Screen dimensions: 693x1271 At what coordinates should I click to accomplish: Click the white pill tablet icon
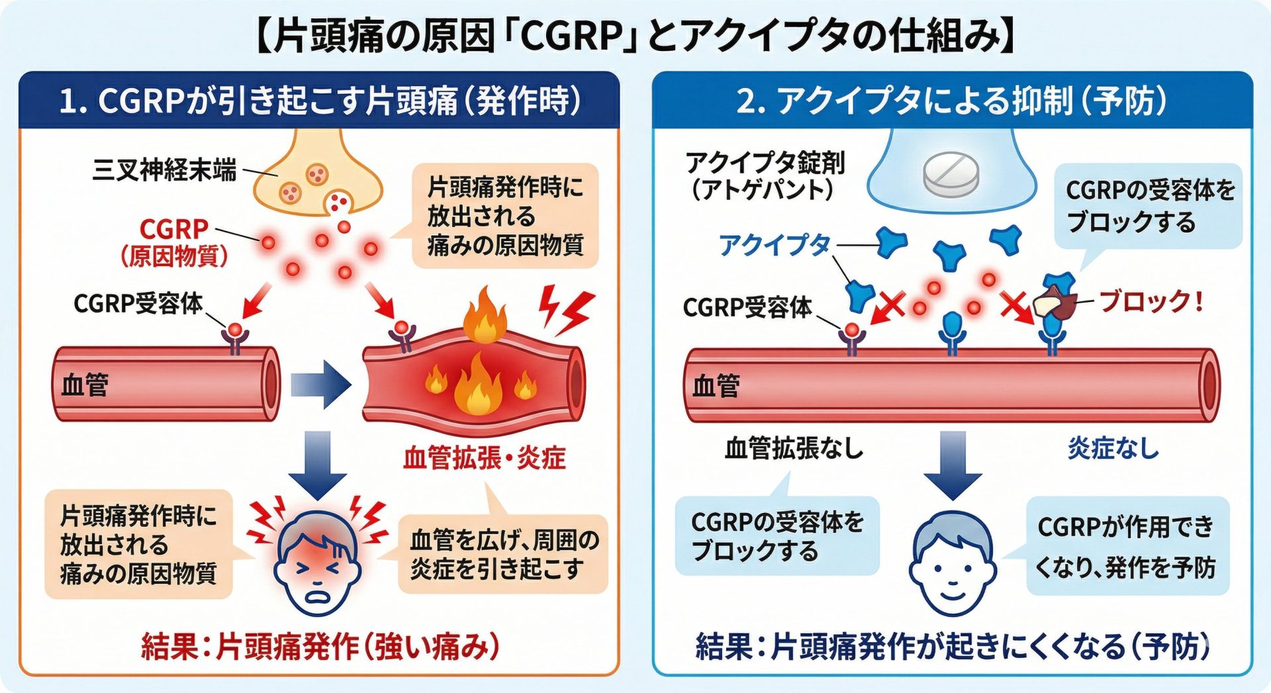(951, 173)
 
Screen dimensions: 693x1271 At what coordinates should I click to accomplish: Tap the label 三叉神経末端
(164, 170)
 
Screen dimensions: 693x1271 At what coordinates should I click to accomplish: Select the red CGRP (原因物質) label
(174, 242)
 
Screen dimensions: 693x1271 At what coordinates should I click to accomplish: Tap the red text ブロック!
(1151, 302)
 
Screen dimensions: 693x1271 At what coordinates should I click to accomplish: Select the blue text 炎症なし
(1113, 449)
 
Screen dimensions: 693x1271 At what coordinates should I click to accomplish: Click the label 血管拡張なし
(794, 449)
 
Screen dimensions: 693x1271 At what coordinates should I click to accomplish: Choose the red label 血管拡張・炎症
(485, 458)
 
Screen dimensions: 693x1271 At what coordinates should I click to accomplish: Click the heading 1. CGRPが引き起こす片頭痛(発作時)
(320, 101)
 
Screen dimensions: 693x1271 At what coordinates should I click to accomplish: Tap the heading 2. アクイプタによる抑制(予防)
(951, 101)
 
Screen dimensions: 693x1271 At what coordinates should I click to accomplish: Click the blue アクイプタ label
(774, 245)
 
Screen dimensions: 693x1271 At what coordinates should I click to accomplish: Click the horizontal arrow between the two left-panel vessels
(320, 385)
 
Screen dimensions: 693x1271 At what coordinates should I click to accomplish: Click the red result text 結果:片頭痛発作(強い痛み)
(320, 647)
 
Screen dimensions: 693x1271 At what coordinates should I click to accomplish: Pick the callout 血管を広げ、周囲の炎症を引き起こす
(504, 554)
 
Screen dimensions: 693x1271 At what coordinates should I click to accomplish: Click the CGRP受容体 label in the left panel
(138, 303)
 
